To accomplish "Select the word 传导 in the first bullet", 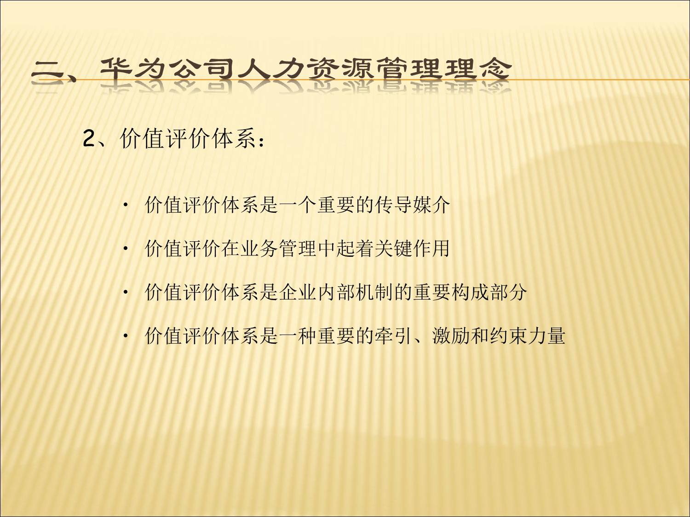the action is coord(394,205).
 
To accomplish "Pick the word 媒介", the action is coord(431,205).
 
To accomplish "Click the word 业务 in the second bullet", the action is coord(259,249).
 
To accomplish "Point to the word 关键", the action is coord(394,249).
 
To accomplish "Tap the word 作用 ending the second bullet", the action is coord(431,249).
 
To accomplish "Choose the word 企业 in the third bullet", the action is coord(298,292).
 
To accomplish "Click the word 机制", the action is coord(374,292).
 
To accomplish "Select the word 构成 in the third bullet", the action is coord(470,292).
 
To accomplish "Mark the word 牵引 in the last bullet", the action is coord(394,336).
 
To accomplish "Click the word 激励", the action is coord(451,336).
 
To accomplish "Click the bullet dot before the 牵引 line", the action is coord(126,336).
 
